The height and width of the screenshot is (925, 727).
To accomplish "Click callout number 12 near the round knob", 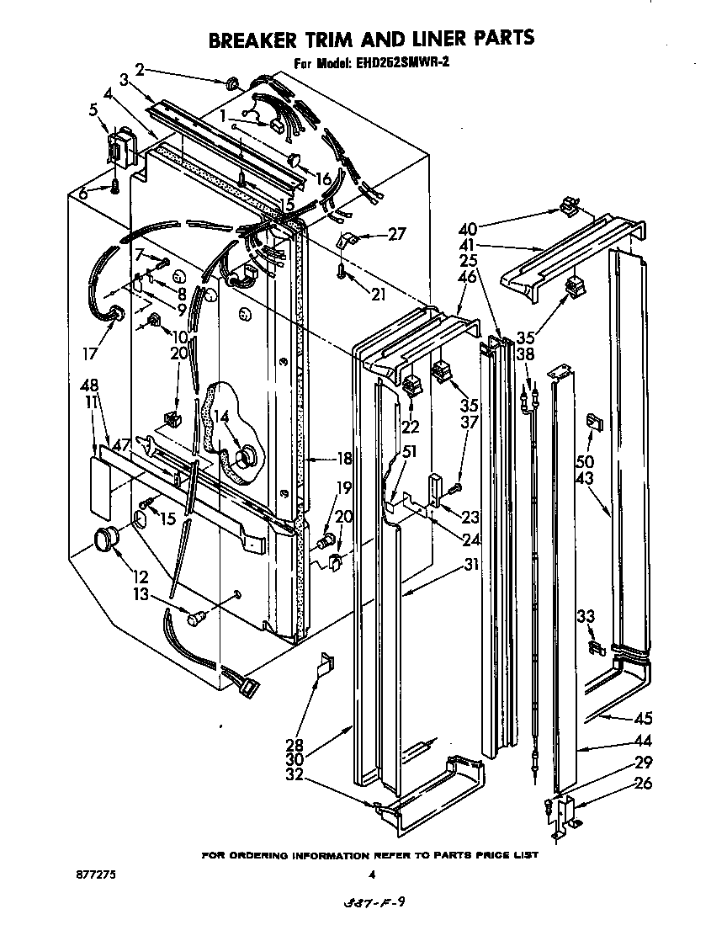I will point(140,577).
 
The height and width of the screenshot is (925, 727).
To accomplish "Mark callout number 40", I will point(469,227).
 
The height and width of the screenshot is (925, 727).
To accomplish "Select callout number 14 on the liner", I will point(220,416).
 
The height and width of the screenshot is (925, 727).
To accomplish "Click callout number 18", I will point(342,459).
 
